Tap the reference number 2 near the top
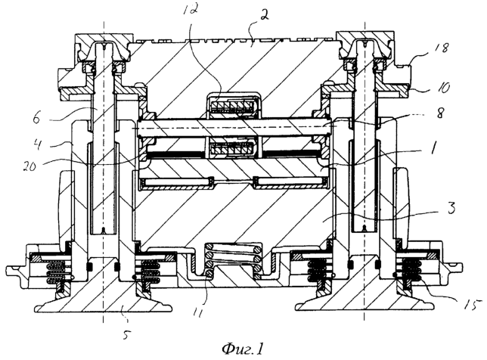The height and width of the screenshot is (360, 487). (264, 16)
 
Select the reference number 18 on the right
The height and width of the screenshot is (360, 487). (442, 48)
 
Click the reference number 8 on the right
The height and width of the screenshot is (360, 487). (440, 113)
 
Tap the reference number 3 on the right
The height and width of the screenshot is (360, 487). (451, 207)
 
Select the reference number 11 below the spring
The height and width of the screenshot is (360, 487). (198, 312)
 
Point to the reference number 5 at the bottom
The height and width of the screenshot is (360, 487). (126, 335)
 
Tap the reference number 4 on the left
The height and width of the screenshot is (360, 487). (37, 144)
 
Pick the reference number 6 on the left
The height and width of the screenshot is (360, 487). (36, 118)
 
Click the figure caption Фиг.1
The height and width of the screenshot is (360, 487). (243, 349)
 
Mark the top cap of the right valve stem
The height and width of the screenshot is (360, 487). (365, 47)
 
